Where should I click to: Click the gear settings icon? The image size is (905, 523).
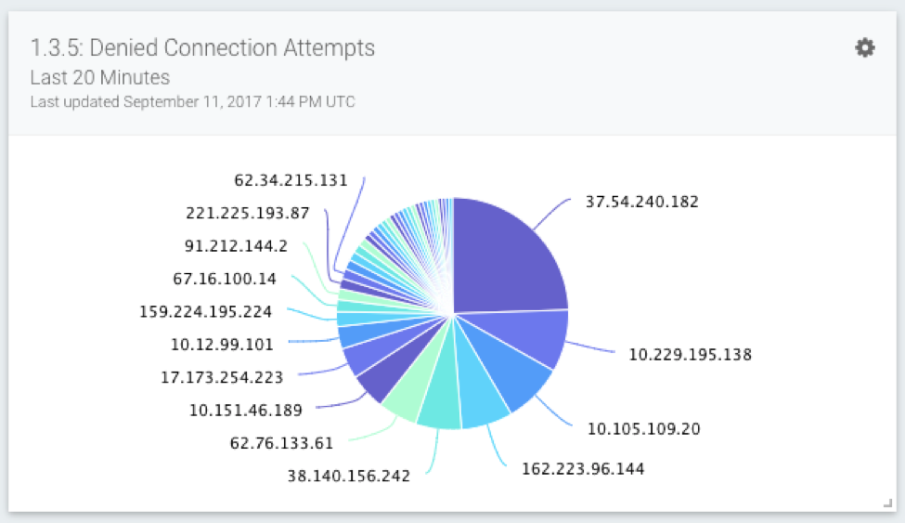865,48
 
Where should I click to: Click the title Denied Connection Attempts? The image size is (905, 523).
202,48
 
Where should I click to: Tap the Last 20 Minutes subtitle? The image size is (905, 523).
100,77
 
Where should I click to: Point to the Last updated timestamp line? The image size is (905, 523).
192,101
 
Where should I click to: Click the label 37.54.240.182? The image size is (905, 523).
642,202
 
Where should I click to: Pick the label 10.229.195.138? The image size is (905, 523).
691,354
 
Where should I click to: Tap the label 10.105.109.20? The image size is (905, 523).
644,428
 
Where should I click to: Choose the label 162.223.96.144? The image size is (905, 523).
583,468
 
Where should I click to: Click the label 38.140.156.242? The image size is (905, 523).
348,476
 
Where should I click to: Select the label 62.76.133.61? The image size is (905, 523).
281,443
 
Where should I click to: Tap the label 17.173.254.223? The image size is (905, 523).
223,377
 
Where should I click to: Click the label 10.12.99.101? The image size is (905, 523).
222,345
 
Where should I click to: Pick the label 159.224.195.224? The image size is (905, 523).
205,311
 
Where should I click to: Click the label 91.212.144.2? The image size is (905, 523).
235,246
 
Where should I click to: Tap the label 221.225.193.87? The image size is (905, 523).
248,213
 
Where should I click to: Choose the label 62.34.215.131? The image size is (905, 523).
291,180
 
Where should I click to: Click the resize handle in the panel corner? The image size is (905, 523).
886,503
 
